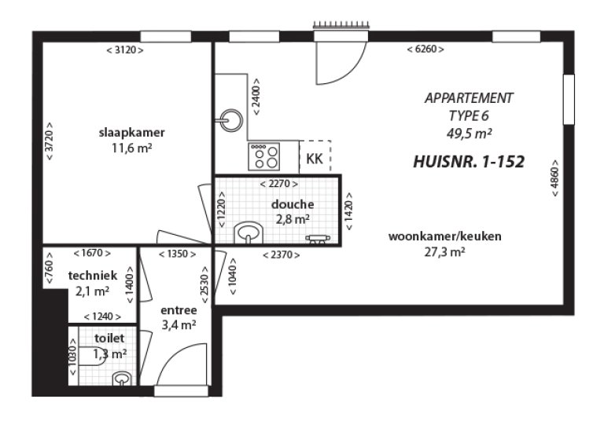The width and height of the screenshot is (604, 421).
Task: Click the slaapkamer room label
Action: (x=131, y=131)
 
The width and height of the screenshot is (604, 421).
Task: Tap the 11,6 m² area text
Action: (x=131, y=146)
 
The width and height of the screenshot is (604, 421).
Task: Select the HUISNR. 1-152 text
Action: (x=468, y=162)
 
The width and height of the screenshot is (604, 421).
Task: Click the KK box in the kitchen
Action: (x=315, y=159)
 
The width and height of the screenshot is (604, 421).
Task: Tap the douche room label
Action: (x=293, y=204)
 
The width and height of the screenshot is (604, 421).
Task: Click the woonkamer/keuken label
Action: (x=445, y=236)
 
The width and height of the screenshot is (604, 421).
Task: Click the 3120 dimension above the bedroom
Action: (x=124, y=49)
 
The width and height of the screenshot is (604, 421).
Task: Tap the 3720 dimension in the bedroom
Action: (x=50, y=141)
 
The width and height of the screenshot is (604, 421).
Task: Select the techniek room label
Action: (x=93, y=276)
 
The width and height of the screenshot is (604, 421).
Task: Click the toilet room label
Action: (x=109, y=339)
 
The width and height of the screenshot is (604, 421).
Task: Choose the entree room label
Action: (x=177, y=309)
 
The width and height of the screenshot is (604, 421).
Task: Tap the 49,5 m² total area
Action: (x=469, y=132)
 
